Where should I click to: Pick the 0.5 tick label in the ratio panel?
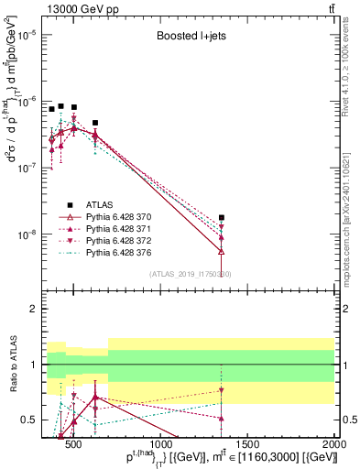pyautogui.click(x=28, y=420)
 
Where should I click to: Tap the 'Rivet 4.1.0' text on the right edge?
pyautogui.click(x=352, y=92)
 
